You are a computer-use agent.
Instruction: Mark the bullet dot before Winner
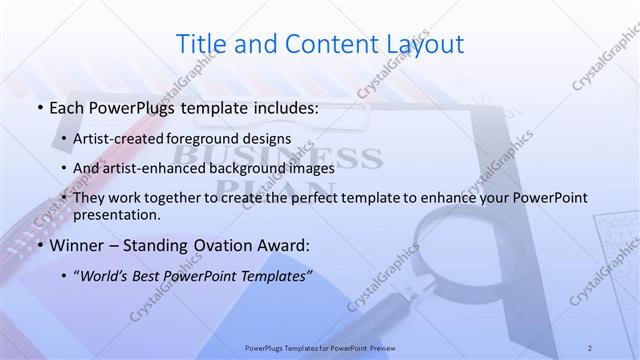38,245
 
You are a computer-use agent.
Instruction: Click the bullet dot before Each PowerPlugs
38,106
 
